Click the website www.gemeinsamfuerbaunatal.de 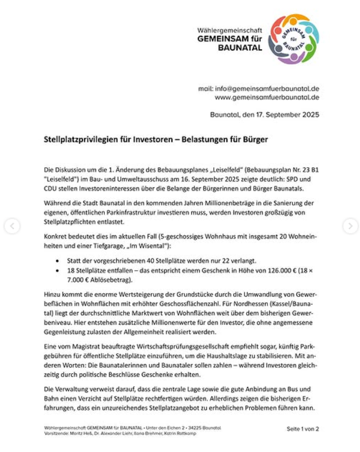267,97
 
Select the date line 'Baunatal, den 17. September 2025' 265,115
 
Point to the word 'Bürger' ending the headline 256,140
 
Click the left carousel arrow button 12,226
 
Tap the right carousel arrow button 350,226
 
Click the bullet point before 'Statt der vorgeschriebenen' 59,260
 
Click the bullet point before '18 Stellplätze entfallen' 59,270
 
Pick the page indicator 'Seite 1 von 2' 302,428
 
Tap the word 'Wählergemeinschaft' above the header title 230,31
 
